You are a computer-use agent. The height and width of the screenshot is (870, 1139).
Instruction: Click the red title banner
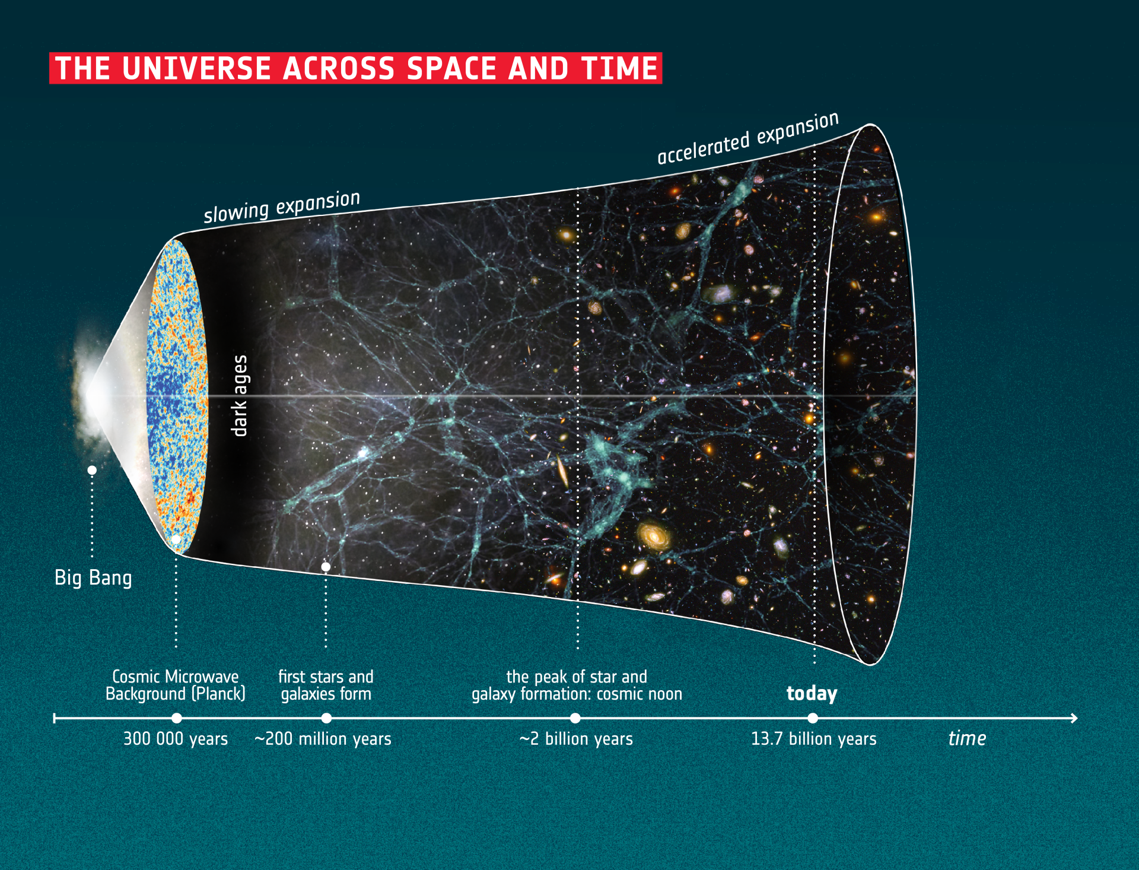[355, 68]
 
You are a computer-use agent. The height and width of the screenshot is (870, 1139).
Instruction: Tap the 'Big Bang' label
[93, 578]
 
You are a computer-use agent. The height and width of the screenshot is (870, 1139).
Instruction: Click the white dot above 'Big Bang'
[92, 470]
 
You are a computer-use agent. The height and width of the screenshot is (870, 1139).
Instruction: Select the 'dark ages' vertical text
[239, 396]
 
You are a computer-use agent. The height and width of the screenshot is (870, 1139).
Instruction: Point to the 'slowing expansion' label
[282, 207]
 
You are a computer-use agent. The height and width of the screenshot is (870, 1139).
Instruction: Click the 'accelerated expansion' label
[748, 138]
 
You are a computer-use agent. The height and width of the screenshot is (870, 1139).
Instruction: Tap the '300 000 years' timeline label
[176, 739]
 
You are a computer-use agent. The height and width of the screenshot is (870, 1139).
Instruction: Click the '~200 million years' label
[323, 739]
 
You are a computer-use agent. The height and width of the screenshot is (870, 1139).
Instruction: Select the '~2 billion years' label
[576, 739]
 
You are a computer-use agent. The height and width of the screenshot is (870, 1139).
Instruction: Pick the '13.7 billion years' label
[814, 739]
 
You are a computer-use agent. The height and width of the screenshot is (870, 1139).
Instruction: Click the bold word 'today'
[812, 694]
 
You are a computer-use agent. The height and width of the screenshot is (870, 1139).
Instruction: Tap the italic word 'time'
[967, 738]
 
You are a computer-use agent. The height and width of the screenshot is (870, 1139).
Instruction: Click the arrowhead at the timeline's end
[1074, 718]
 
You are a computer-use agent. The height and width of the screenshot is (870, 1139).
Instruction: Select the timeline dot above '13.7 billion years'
[813, 718]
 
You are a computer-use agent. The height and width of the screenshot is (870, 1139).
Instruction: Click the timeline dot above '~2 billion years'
[575, 718]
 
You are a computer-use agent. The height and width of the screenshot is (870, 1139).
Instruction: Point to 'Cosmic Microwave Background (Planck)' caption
[176, 685]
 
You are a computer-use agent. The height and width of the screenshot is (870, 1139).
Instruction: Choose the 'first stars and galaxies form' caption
[326, 685]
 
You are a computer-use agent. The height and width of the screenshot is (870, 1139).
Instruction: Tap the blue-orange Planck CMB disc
[177, 396]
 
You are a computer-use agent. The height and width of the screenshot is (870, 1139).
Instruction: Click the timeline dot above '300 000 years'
[177, 718]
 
